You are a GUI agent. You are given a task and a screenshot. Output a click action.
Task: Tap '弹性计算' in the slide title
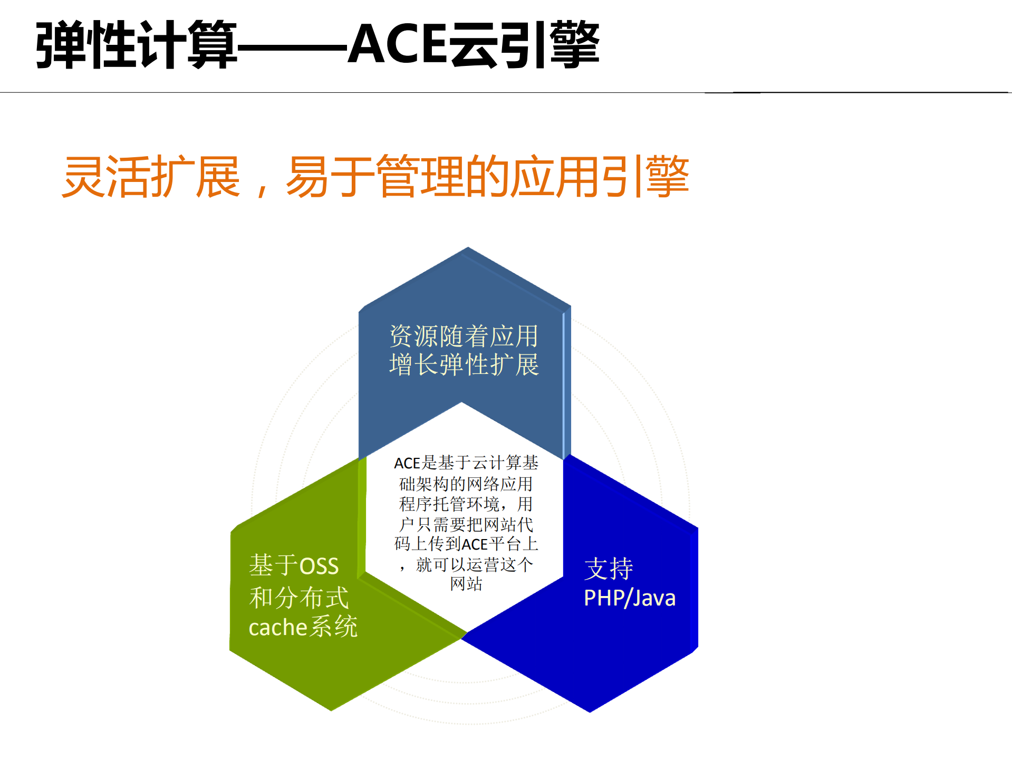[x=136, y=45]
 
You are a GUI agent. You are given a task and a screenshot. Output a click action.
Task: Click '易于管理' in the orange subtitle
[x=375, y=177]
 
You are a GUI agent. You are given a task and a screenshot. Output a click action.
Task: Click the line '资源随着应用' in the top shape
[x=464, y=336]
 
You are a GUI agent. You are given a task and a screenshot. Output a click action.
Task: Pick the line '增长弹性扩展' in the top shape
[x=464, y=364]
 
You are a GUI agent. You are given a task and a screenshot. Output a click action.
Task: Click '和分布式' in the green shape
[x=298, y=598]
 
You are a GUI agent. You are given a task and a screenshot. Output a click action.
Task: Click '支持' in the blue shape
[x=609, y=569]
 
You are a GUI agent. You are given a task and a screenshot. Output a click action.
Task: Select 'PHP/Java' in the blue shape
[x=629, y=598]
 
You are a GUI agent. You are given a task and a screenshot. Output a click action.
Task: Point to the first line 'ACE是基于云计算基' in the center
[x=466, y=463]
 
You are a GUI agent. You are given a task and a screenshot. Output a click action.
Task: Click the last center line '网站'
[x=466, y=584]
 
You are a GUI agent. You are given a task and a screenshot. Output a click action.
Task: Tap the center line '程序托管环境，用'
[x=466, y=504]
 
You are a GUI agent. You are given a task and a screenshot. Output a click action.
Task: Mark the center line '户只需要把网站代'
[x=466, y=524]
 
